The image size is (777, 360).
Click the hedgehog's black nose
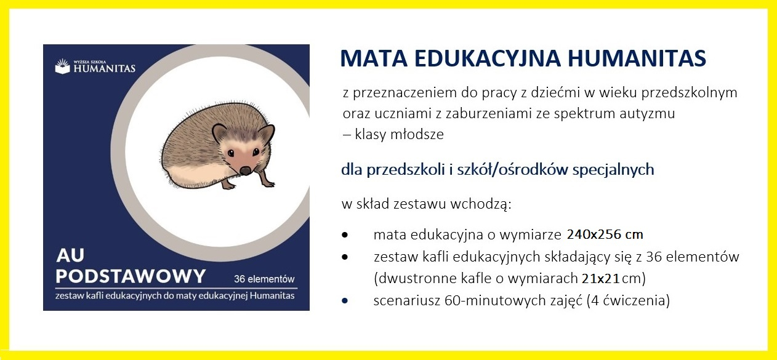tap(246, 170)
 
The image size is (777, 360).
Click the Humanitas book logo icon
tap(62, 66)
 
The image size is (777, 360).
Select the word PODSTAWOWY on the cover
tap(131, 276)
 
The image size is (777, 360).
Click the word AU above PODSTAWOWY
tap(70, 255)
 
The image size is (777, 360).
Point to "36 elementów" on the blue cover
tap(264, 279)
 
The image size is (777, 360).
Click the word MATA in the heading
tap(374, 58)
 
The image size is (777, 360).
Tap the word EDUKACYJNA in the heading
tap(488, 58)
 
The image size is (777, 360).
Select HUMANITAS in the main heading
tap(637, 58)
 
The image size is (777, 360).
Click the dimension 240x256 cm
tap(605, 234)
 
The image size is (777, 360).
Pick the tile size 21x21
tap(600, 279)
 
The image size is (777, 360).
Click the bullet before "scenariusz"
tap(344, 300)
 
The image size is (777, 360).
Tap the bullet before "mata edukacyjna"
tap(344, 235)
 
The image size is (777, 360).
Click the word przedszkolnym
tap(689, 93)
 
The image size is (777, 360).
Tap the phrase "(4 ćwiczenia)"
tap(628, 300)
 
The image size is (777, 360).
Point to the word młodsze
tap(417, 134)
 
